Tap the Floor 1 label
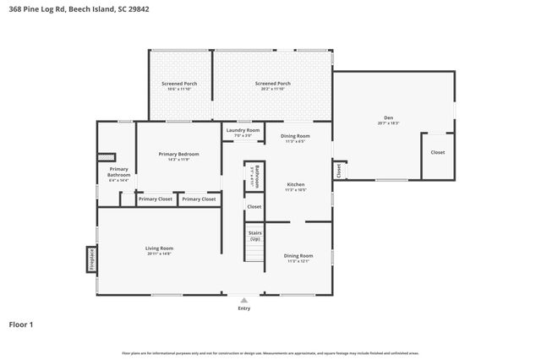[x=20, y=324]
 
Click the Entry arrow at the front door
[x=244, y=300]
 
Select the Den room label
[x=388, y=120]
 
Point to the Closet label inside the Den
[x=437, y=152]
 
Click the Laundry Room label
[x=242, y=132]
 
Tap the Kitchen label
[x=295, y=186]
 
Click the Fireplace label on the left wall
[x=90, y=259]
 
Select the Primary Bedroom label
[x=178, y=155]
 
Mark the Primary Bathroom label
[x=118, y=172]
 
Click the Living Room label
[x=159, y=250]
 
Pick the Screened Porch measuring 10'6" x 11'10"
[x=179, y=86]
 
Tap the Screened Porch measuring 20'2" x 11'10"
[x=272, y=86]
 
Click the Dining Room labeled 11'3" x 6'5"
[x=295, y=138]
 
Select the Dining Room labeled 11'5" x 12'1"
[x=298, y=257]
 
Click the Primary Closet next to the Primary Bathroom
[x=155, y=199]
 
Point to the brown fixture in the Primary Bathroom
[x=106, y=156]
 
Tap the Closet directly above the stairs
[x=254, y=206]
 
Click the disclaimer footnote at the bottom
[x=270, y=353]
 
